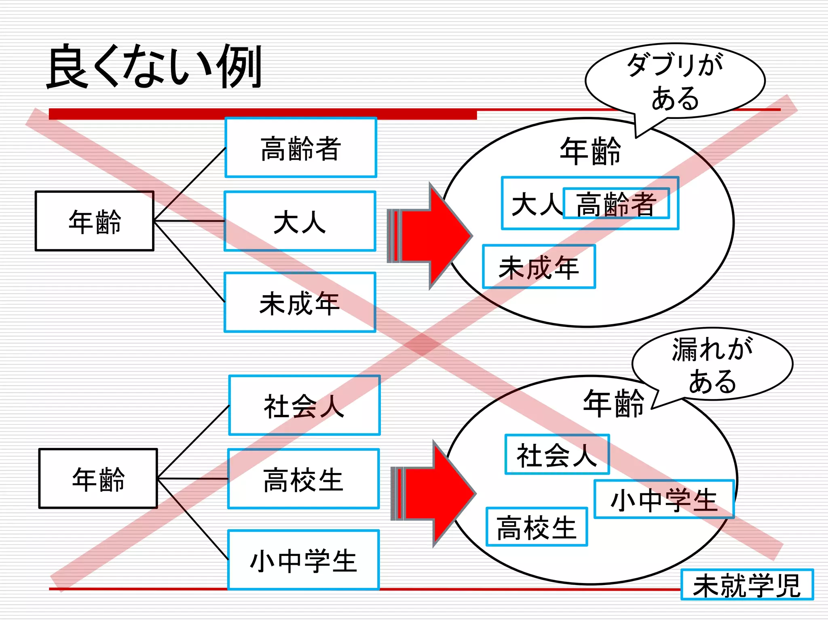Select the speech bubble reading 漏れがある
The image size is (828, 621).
(712, 364)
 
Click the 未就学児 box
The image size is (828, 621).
(747, 585)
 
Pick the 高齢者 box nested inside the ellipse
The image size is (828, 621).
(616, 204)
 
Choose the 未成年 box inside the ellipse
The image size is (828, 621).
(539, 267)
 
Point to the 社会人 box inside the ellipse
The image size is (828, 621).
(557, 454)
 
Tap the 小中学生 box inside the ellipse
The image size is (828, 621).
(663, 499)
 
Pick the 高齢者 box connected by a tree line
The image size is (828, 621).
(300, 148)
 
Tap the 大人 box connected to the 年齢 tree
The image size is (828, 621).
(300, 221)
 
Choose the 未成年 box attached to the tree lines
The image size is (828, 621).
(300, 302)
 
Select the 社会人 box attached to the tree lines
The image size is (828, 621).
(304, 406)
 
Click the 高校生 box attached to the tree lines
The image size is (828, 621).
(303, 479)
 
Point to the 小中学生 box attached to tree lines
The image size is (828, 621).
(303, 560)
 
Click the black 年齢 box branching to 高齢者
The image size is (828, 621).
(95, 221)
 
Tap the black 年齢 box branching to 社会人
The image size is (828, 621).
(98, 479)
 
